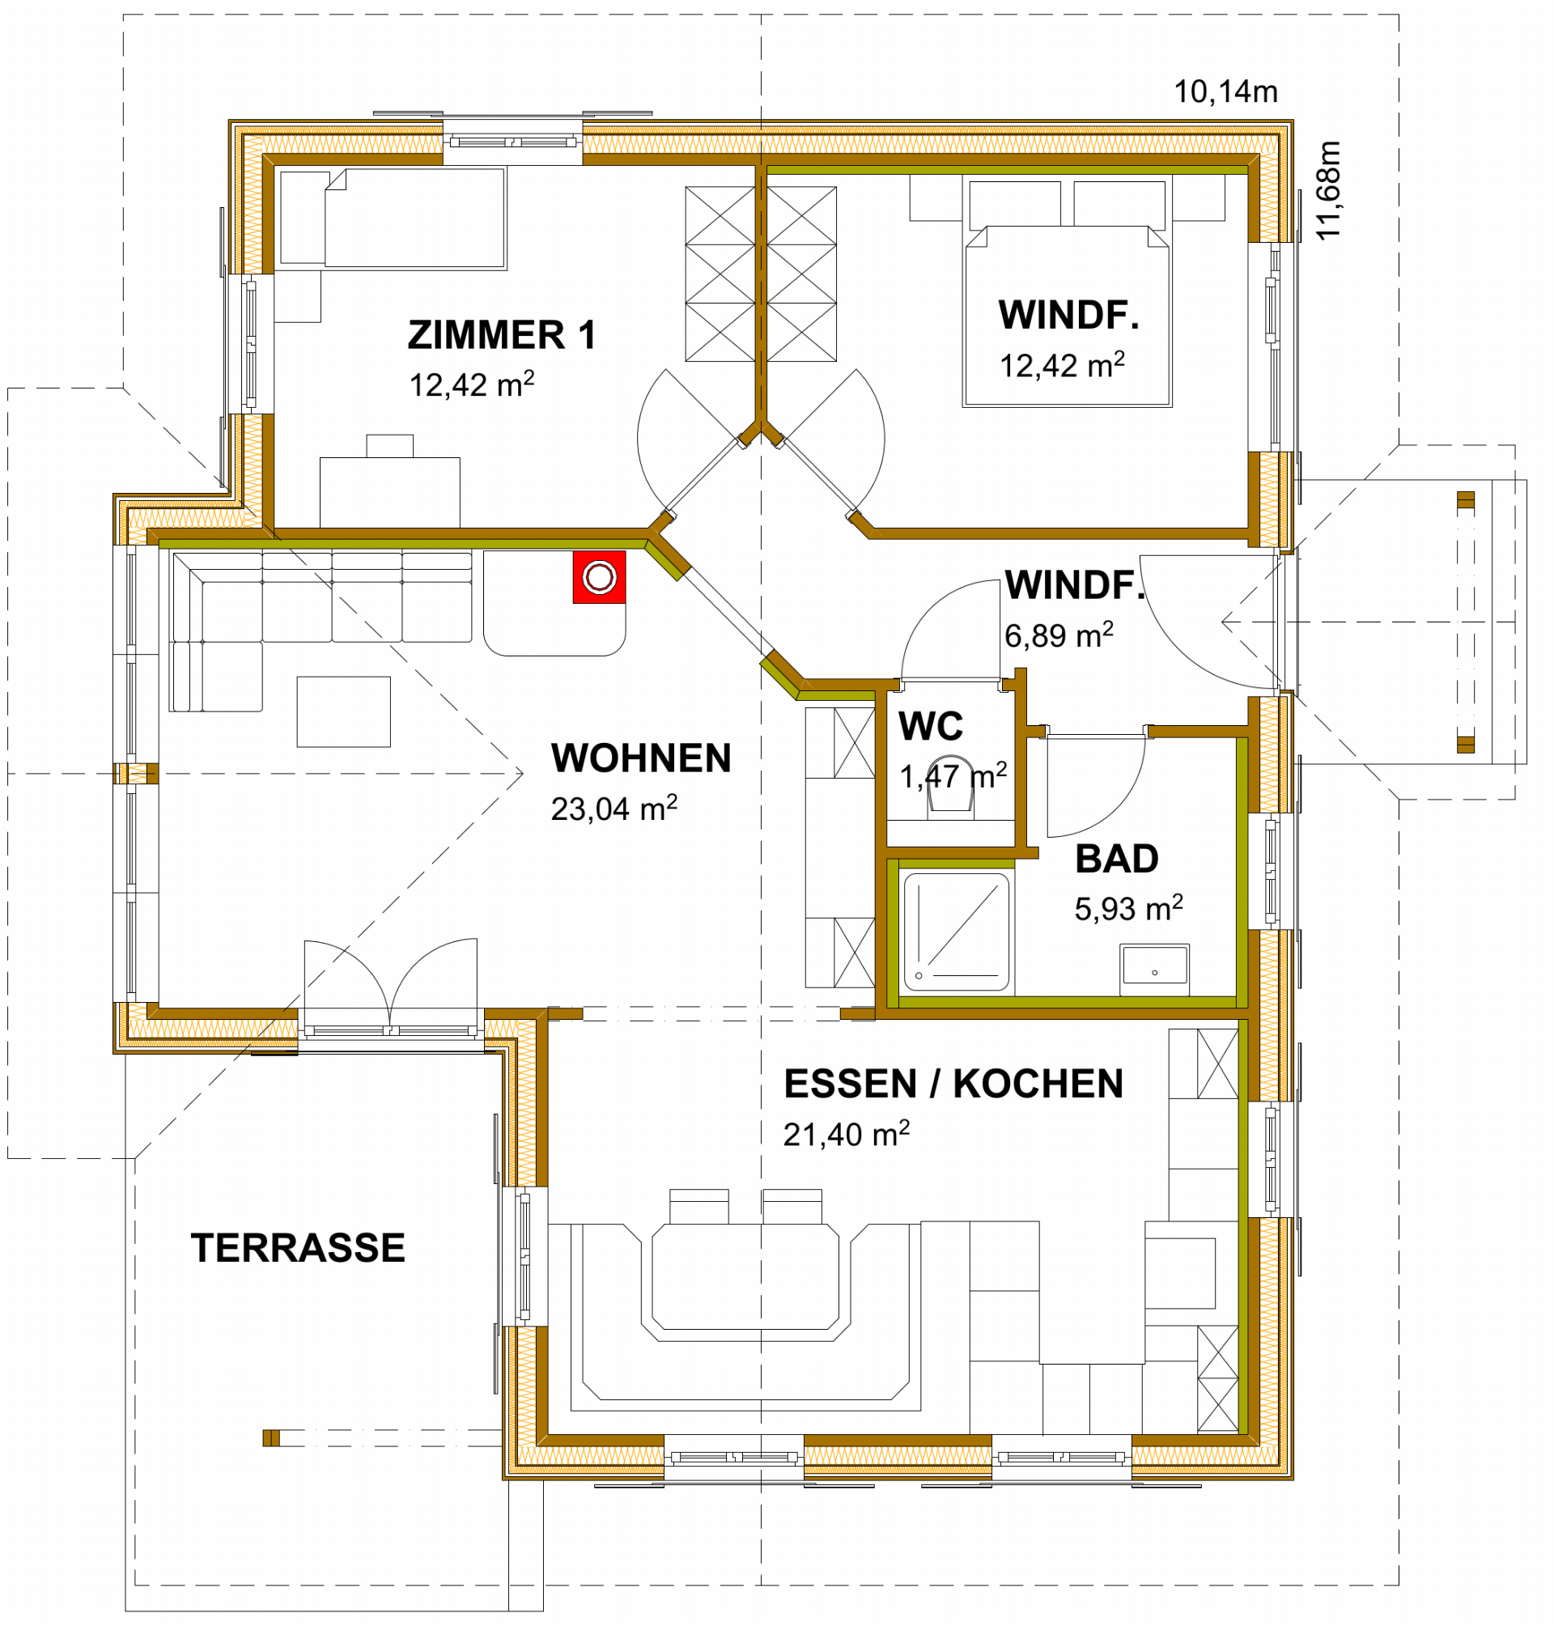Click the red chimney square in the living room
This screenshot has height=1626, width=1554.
pos(599,577)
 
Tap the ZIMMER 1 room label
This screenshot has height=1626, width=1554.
pos(502,334)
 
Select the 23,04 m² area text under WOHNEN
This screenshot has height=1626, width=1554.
pos(614,808)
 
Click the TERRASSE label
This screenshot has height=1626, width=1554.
pos(298,1247)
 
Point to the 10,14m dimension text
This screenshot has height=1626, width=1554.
pos(1226,92)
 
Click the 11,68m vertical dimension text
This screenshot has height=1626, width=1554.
pos(1327,191)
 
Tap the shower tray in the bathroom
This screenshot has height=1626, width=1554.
pos(956,932)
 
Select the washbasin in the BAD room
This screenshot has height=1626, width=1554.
pos(1155,968)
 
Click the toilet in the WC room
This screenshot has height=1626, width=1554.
pos(950,788)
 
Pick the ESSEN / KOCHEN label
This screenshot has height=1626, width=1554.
pos(953,1084)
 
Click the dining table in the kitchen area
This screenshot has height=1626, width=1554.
pos(745,1282)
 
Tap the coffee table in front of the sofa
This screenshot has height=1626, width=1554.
pos(344,711)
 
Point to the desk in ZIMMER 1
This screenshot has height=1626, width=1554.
pos(390,492)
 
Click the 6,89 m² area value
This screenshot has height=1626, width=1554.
pos(1059,635)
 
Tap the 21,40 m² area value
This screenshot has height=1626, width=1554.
pos(846,1134)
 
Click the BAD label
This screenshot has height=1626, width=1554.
pos(1117,859)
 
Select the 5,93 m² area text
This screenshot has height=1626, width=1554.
pos(1128,909)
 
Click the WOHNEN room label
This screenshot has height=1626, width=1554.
pos(641,758)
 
